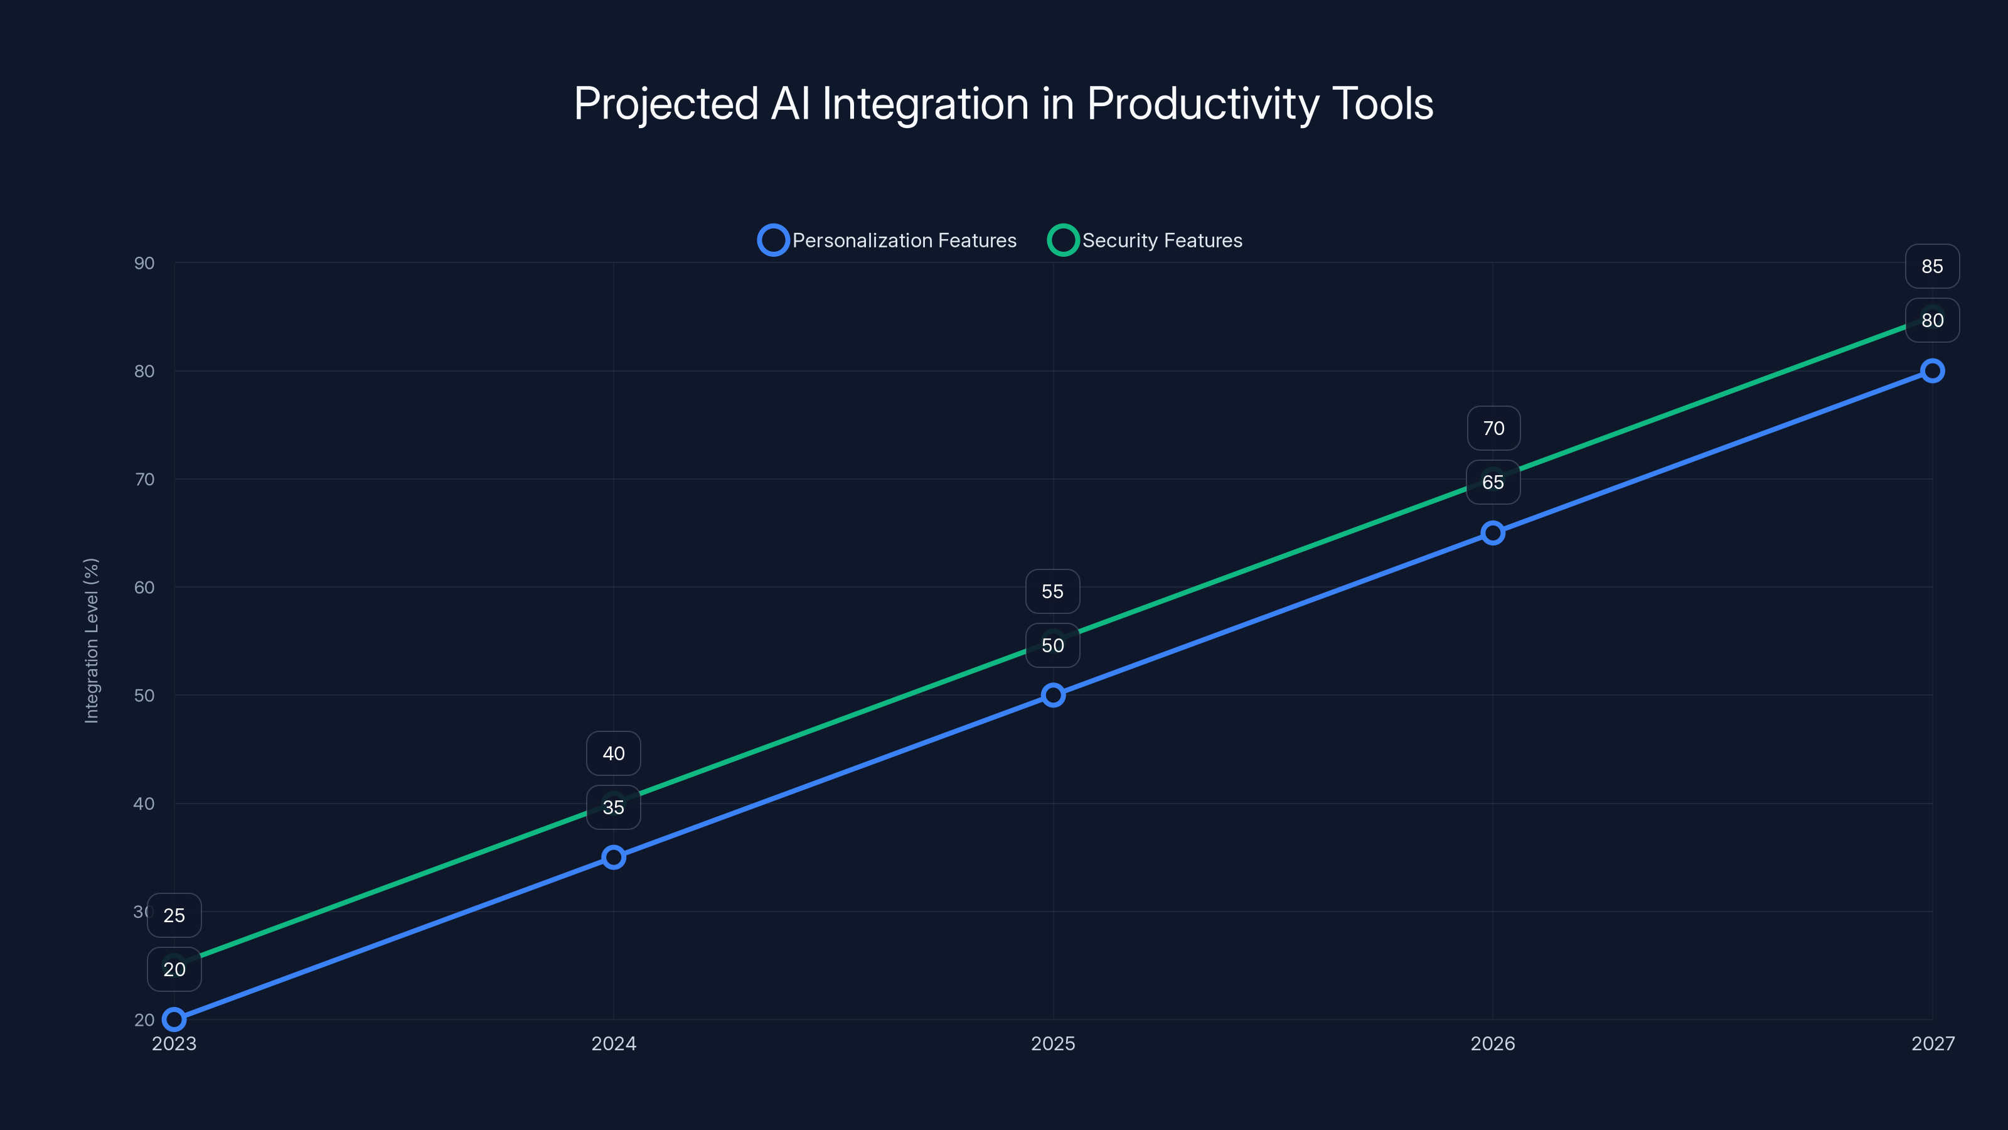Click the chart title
(x=1003, y=104)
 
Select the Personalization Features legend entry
(x=888, y=240)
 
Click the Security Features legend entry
(x=1145, y=240)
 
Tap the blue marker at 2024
(x=614, y=857)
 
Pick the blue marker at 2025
(x=1053, y=695)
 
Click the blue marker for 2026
(x=1493, y=532)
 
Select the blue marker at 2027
(x=1931, y=370)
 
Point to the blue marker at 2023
(x=174, y=1020)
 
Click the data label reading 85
(x=1931, y=266)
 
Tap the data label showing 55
(x=1052, y=591)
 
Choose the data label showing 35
(x=614, y=807)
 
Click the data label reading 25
(x=174, y=915)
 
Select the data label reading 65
(x=1493, y=482)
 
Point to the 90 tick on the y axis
(x=144, y=263)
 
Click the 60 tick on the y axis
(x=144, y=587)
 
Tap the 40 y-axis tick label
(x=144, y=804)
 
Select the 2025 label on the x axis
(x=1053, y=1043)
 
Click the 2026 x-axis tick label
(x=1493, y=1043)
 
